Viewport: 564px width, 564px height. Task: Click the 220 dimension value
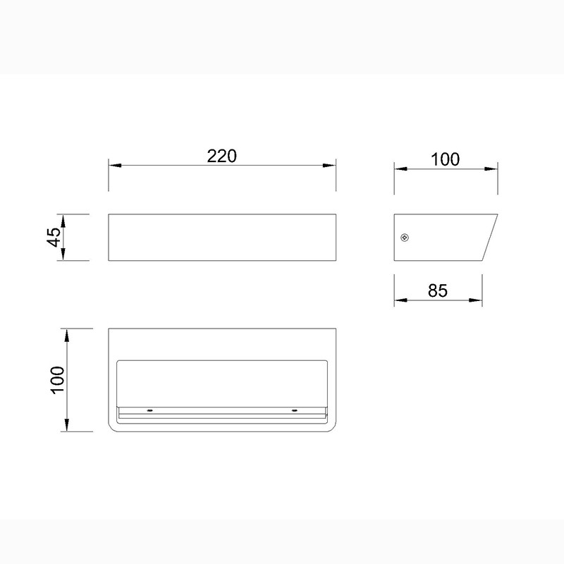coord(221,156)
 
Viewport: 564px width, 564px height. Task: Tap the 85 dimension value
coord(438,290)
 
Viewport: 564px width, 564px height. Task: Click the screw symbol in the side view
coord(405,238)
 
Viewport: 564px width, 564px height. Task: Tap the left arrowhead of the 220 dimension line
coord(115,166)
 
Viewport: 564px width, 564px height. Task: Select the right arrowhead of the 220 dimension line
coord(329,166)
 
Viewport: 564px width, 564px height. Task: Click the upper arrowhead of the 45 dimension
coord(63,221)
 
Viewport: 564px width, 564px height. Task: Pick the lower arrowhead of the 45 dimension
coord(63,254)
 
